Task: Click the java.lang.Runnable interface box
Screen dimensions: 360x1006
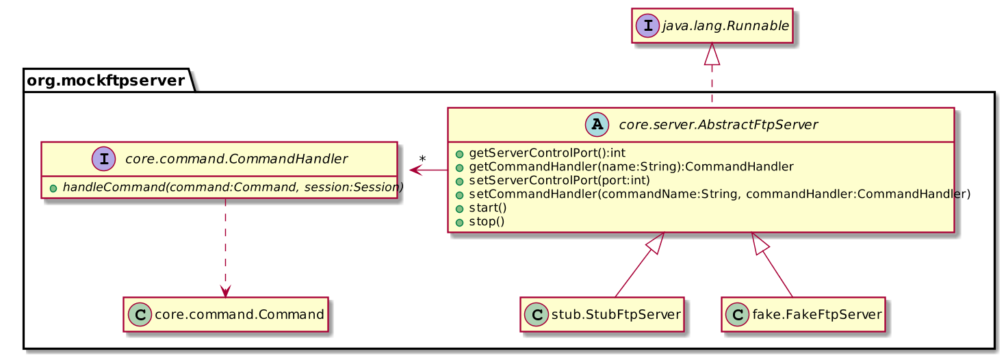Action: coord(712,26)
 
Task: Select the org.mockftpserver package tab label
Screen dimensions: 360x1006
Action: coord(106,81)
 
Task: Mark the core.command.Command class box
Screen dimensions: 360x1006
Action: coord(226,314)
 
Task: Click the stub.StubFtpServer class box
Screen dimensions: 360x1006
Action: coord(602,314)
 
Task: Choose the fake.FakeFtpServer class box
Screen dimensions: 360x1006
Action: coord(803,314)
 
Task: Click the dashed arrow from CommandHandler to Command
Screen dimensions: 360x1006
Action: coord(225,246)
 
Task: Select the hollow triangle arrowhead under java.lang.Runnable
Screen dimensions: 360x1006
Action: coord(712,52)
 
